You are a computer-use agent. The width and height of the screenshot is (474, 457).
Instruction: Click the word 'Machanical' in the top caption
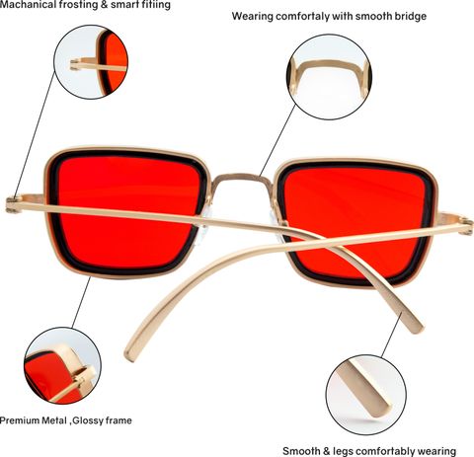[28, 5]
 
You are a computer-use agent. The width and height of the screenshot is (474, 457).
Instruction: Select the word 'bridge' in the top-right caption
[411, 16]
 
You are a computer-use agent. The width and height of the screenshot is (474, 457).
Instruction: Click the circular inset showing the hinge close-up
[91, 62]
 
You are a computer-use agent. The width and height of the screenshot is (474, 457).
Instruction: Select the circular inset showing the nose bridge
[329, 77]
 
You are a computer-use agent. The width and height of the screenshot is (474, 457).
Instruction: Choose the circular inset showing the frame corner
[62, 365]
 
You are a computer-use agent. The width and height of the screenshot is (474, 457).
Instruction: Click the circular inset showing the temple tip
[366, 395]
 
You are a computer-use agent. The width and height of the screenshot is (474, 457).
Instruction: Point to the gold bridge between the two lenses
[243, 180]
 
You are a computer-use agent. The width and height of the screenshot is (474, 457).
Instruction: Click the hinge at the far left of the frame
[14, 204]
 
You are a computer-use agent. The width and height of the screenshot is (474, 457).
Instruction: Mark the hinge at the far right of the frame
[467, 226]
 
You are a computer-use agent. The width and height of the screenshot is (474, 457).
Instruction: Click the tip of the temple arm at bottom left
[129, 354]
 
